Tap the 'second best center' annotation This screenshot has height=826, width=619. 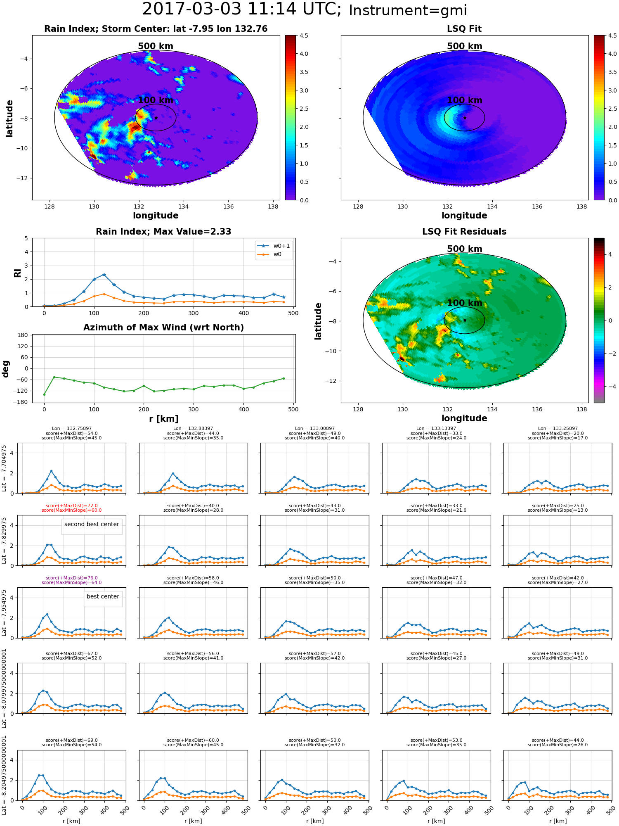tap(92, 524)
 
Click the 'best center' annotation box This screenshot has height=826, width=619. tap(103, 596)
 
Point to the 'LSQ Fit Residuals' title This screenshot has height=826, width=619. tap(464, 232)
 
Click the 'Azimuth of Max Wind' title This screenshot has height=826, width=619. tap(163, 328)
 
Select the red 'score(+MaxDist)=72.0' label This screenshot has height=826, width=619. tap(71, 506)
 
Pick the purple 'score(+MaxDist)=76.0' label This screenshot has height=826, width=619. tap(71, 578)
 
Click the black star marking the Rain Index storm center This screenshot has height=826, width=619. tap(156, 118)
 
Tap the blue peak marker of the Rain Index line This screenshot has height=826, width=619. tap(104, 275)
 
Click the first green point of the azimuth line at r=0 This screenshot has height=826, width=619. tap(44, 394)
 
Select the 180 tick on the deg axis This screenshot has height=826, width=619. tap(23, 335)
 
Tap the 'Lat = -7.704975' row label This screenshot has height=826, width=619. tap(4, 468)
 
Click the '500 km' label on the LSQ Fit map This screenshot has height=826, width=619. tap(465, 46)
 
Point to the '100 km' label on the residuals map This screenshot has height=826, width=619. tap(465, 303)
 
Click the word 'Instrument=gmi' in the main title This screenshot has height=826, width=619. tap(408, 11)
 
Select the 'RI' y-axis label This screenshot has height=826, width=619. tap(17, 273)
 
